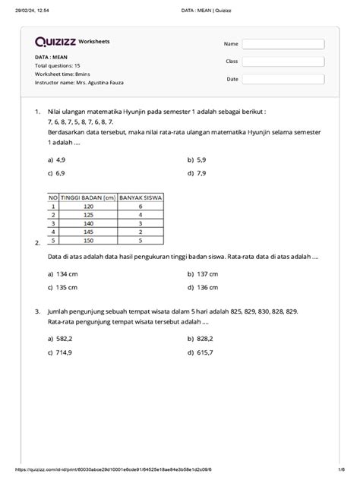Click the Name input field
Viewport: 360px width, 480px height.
(283, 44)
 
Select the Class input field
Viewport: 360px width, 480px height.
(283, 62)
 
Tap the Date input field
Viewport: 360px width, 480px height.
(283, 79)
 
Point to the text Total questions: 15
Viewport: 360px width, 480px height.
(58, 66)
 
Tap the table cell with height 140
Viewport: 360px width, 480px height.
(88, 223)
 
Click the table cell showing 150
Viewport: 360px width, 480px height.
(88, 239)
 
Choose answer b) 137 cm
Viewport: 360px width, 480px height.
(202, 273)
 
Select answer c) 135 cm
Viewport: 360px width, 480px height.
(62, 288)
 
